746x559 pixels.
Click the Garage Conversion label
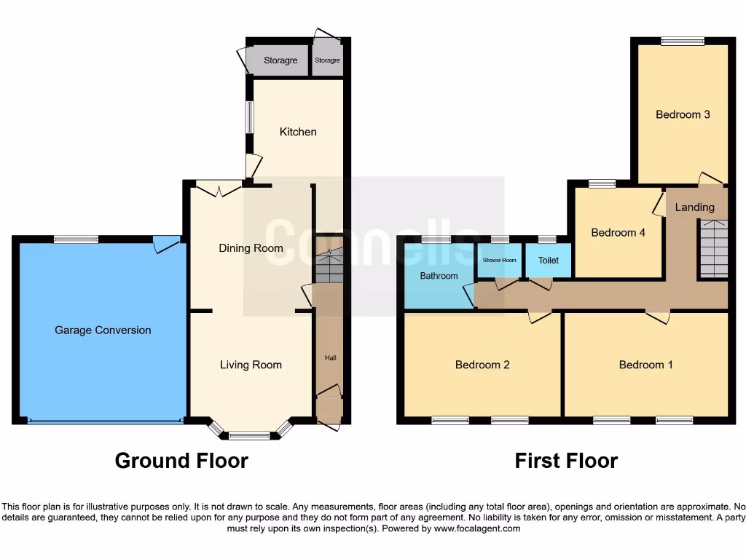[x=103, y=330]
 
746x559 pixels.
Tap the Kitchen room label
[x=298, y=132]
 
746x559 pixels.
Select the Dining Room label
[x=251, y=248]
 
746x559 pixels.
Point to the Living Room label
[x=251, y=365]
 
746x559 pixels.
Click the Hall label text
[x=330, y=358]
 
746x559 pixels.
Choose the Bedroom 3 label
[x=683, y=114]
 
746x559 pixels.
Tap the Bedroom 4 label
[x=618, y=233]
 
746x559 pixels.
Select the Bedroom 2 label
[x=482, y=365]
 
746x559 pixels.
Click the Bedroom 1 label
[x=645, y=365]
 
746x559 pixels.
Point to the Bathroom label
[x=439, y=276]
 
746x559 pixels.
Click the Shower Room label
[x=499, y=260]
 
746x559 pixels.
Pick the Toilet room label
[x=548, y=260]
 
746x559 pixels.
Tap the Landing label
[x=694, y=207]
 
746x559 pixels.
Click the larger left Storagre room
[x=280, y=60]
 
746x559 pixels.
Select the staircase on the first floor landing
[x=713, y=250]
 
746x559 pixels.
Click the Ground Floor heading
[x=181, y=461]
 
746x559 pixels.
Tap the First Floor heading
[x=566, y=461]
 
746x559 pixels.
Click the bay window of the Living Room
[x=250, y=434]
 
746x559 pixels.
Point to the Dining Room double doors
[x=219, y=189]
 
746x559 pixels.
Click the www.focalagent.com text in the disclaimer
[x=477, y=529]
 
